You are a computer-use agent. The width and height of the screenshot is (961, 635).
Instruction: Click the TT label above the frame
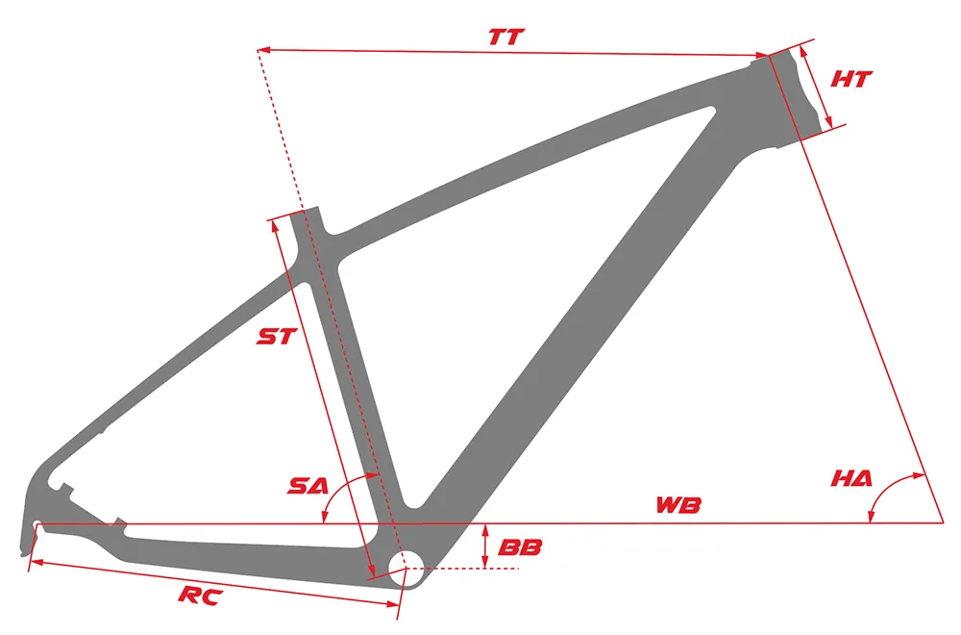coord(505,38)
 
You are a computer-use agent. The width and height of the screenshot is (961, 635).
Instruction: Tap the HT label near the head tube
coord(850,79)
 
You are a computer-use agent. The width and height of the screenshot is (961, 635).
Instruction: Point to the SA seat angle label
coord(308,487)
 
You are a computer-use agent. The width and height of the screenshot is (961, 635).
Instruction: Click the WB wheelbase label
coord(678,504)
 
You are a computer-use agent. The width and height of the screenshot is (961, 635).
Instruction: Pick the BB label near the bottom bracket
coord(520,547)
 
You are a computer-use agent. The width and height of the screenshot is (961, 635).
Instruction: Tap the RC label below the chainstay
coord(201,597)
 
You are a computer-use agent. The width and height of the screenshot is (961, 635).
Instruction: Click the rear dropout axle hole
coord(37,525)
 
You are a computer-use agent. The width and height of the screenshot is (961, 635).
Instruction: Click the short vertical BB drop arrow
coord(485,546)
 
